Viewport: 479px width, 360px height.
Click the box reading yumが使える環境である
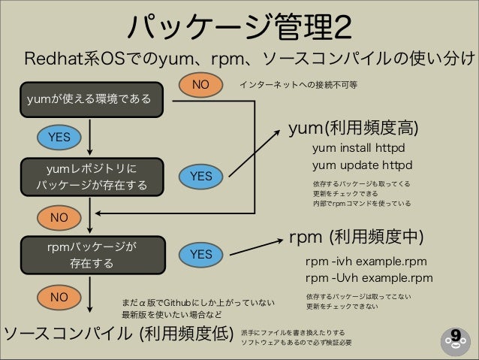(89, 98)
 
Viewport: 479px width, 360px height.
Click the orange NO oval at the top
(200, 85)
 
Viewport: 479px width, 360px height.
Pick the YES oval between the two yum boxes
(59, 137)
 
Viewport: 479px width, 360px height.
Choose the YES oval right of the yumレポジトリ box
(200, 176)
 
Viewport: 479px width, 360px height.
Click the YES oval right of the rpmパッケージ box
(200, 255)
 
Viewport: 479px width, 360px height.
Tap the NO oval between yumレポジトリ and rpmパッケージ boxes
(59, 217)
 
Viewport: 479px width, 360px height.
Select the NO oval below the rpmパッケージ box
(59, 297)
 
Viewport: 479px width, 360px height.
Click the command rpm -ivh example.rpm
(366, 262)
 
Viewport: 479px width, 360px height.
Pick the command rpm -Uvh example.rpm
(369, 278)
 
